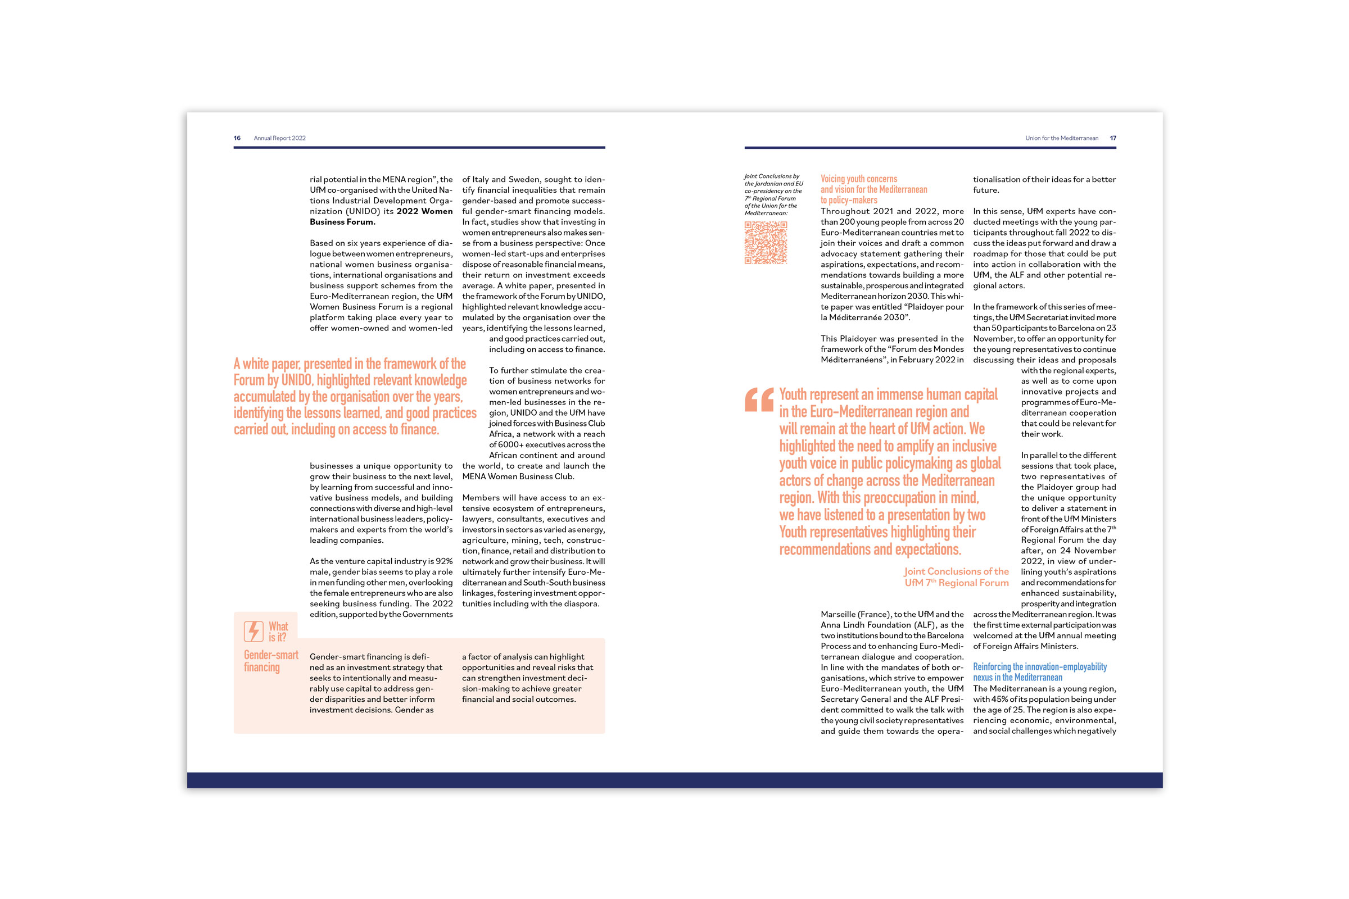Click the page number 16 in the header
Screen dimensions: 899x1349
point(237,138)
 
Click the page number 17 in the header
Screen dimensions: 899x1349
point(1113,138)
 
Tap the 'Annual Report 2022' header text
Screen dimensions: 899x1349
point(280,138)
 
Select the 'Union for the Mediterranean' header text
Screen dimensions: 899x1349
point(1062,138)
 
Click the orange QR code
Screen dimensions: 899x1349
point(766,243)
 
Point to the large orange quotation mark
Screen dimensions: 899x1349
point(759,400)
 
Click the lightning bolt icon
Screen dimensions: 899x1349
point(253,631)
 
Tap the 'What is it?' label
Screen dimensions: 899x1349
point(278,632)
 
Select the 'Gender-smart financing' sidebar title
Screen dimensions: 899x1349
point(271,661)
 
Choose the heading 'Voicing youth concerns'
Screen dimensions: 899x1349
point(859,179)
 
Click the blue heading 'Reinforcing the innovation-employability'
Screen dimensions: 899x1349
point(1039,667)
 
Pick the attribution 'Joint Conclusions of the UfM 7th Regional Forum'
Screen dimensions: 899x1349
point(956,578)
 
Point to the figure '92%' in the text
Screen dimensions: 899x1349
point(444,561)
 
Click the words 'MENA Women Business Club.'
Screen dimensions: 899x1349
point(518,476)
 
